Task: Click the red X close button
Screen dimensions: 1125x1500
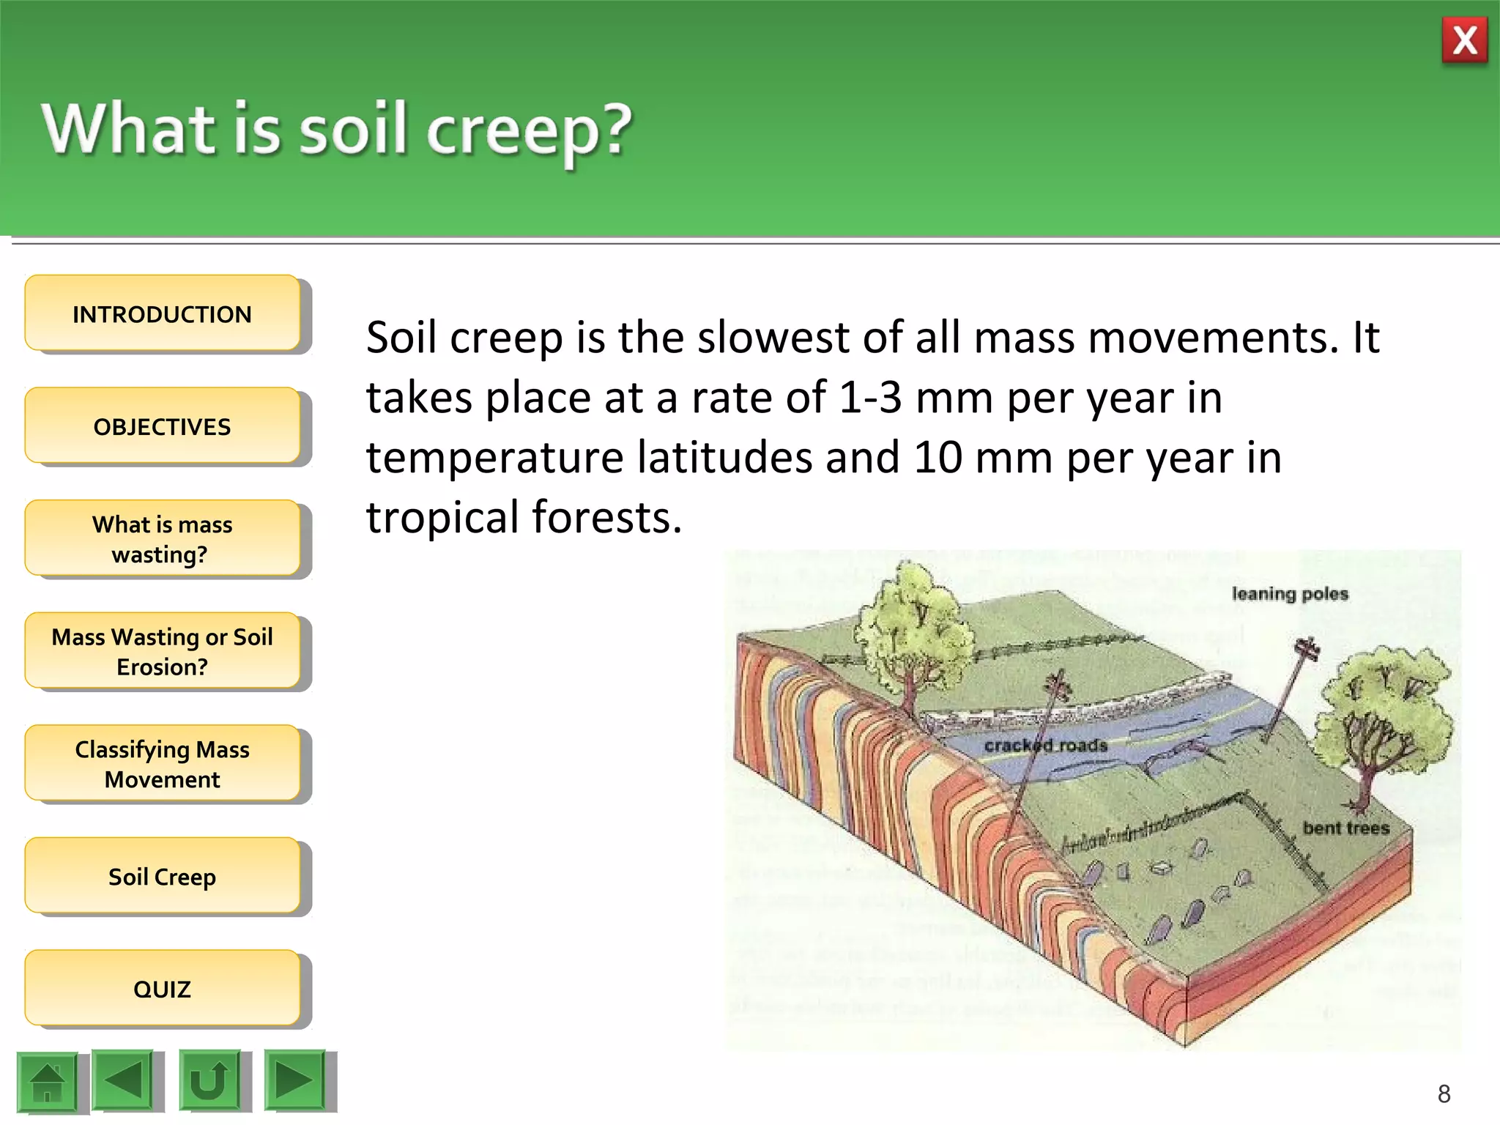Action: [x=1464, y=41]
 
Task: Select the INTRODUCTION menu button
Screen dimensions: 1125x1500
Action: [x=162, y=314]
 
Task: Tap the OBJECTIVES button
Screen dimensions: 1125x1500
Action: [x=162, y=426]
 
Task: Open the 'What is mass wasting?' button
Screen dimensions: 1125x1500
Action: [x=162, y=539]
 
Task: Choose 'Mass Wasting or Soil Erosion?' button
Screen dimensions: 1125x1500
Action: [x=162, y=652]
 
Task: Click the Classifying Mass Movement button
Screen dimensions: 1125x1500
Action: [x=162, y=764]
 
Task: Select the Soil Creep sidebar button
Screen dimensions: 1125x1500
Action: [x=162, y=877]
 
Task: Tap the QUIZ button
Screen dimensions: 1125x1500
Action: [x=162, y=989]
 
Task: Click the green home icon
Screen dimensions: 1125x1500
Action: [x=48, y=1082]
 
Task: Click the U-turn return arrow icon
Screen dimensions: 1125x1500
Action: [x=209, y=1080]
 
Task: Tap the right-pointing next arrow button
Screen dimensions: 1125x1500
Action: [x=294, y=1080]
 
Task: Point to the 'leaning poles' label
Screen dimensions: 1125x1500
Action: [x=1290, y=594]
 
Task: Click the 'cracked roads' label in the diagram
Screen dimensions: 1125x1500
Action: [x=1045, y=746]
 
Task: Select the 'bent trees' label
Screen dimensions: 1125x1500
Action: [x=1345, y=828]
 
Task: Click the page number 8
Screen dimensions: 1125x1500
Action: [x=1444, y=1094]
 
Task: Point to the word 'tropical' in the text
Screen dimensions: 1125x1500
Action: [x=443, y=517]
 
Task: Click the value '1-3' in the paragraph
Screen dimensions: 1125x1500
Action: [x=869, y=398]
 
